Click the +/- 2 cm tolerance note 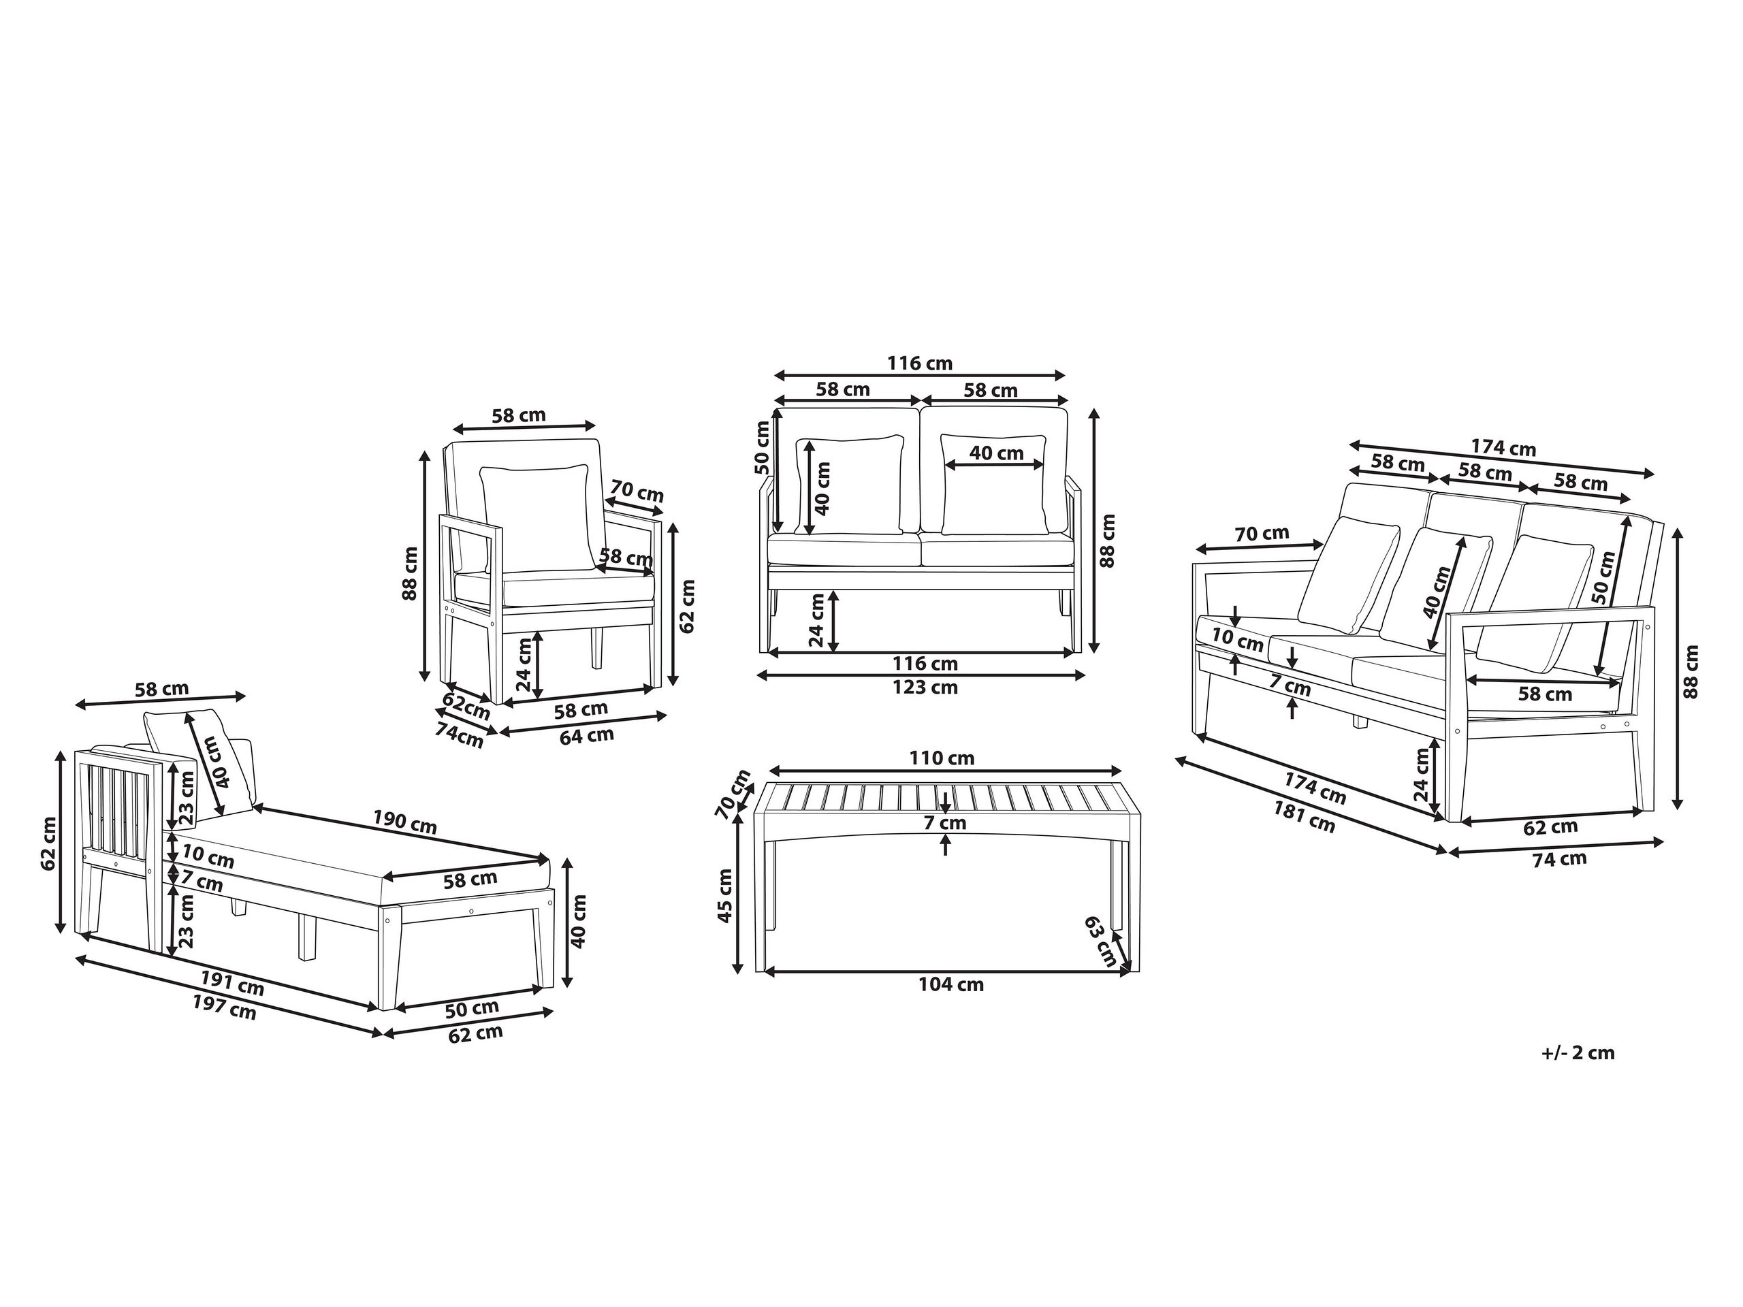coord(1578,1052)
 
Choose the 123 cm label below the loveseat coord(925,687)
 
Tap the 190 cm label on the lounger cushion coord(405,822)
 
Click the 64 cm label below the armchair coord(586,736)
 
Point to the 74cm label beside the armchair coord(460,735)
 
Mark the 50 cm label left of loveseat coord(762,447)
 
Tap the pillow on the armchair coord(536,516)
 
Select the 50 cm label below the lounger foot coord(471,1007)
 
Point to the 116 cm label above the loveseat coord(920,364)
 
